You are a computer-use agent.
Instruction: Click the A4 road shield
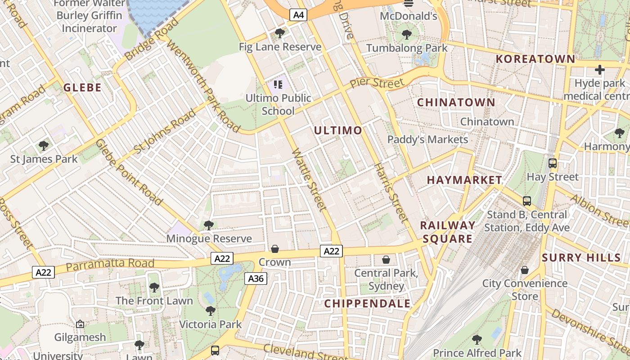pyautogui.click(x=299, y=15)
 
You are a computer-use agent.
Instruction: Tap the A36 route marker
pyautogui.click(x=256, y=279)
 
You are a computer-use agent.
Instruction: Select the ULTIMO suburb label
pyautogui.click(x=338, y=130)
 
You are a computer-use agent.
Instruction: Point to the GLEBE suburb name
pyautogui.click(x=82, y=87)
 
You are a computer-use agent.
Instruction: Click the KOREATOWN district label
pyautogui.click(x=535, y=59)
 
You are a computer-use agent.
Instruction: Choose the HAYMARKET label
pyautogui.click(x=464, y=180)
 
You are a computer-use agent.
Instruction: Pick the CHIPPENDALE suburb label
pyautogui.click(x=368, y=303)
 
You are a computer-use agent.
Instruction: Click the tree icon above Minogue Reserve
pyautogui.click(x=208, y=225)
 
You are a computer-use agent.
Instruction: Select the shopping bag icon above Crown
pyautogui.click(x=274, y=249)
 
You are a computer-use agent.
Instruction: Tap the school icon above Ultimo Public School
pyautogui.click(x=278, y=84)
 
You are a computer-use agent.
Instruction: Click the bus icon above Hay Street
pyautogui.click(x=553, y=163)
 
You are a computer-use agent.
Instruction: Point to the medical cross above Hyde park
pyautogui.click(x=599, y=70)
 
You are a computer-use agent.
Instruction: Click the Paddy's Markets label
pyautogui.click(x=427, y=139)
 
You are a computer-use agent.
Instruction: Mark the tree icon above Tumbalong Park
pyautogui.click(x=407, y=34)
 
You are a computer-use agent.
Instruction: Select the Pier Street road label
pyautogui.click(x=377, y=83)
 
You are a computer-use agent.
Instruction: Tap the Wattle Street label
pyautogui.click(x=309, y=180)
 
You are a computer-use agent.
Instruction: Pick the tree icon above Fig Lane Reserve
pyautogui.click(x=280, y=33)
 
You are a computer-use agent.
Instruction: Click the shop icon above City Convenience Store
pyautogui.click(x=525, y=270)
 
